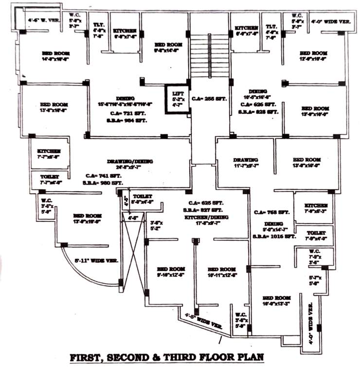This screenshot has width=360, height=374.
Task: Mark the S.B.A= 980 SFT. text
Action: (103, 183)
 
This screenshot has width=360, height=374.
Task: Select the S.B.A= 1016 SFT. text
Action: (273, 236)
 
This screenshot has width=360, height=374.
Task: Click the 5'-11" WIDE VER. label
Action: (96, 261)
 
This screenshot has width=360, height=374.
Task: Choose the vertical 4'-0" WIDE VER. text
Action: (310, 319)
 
